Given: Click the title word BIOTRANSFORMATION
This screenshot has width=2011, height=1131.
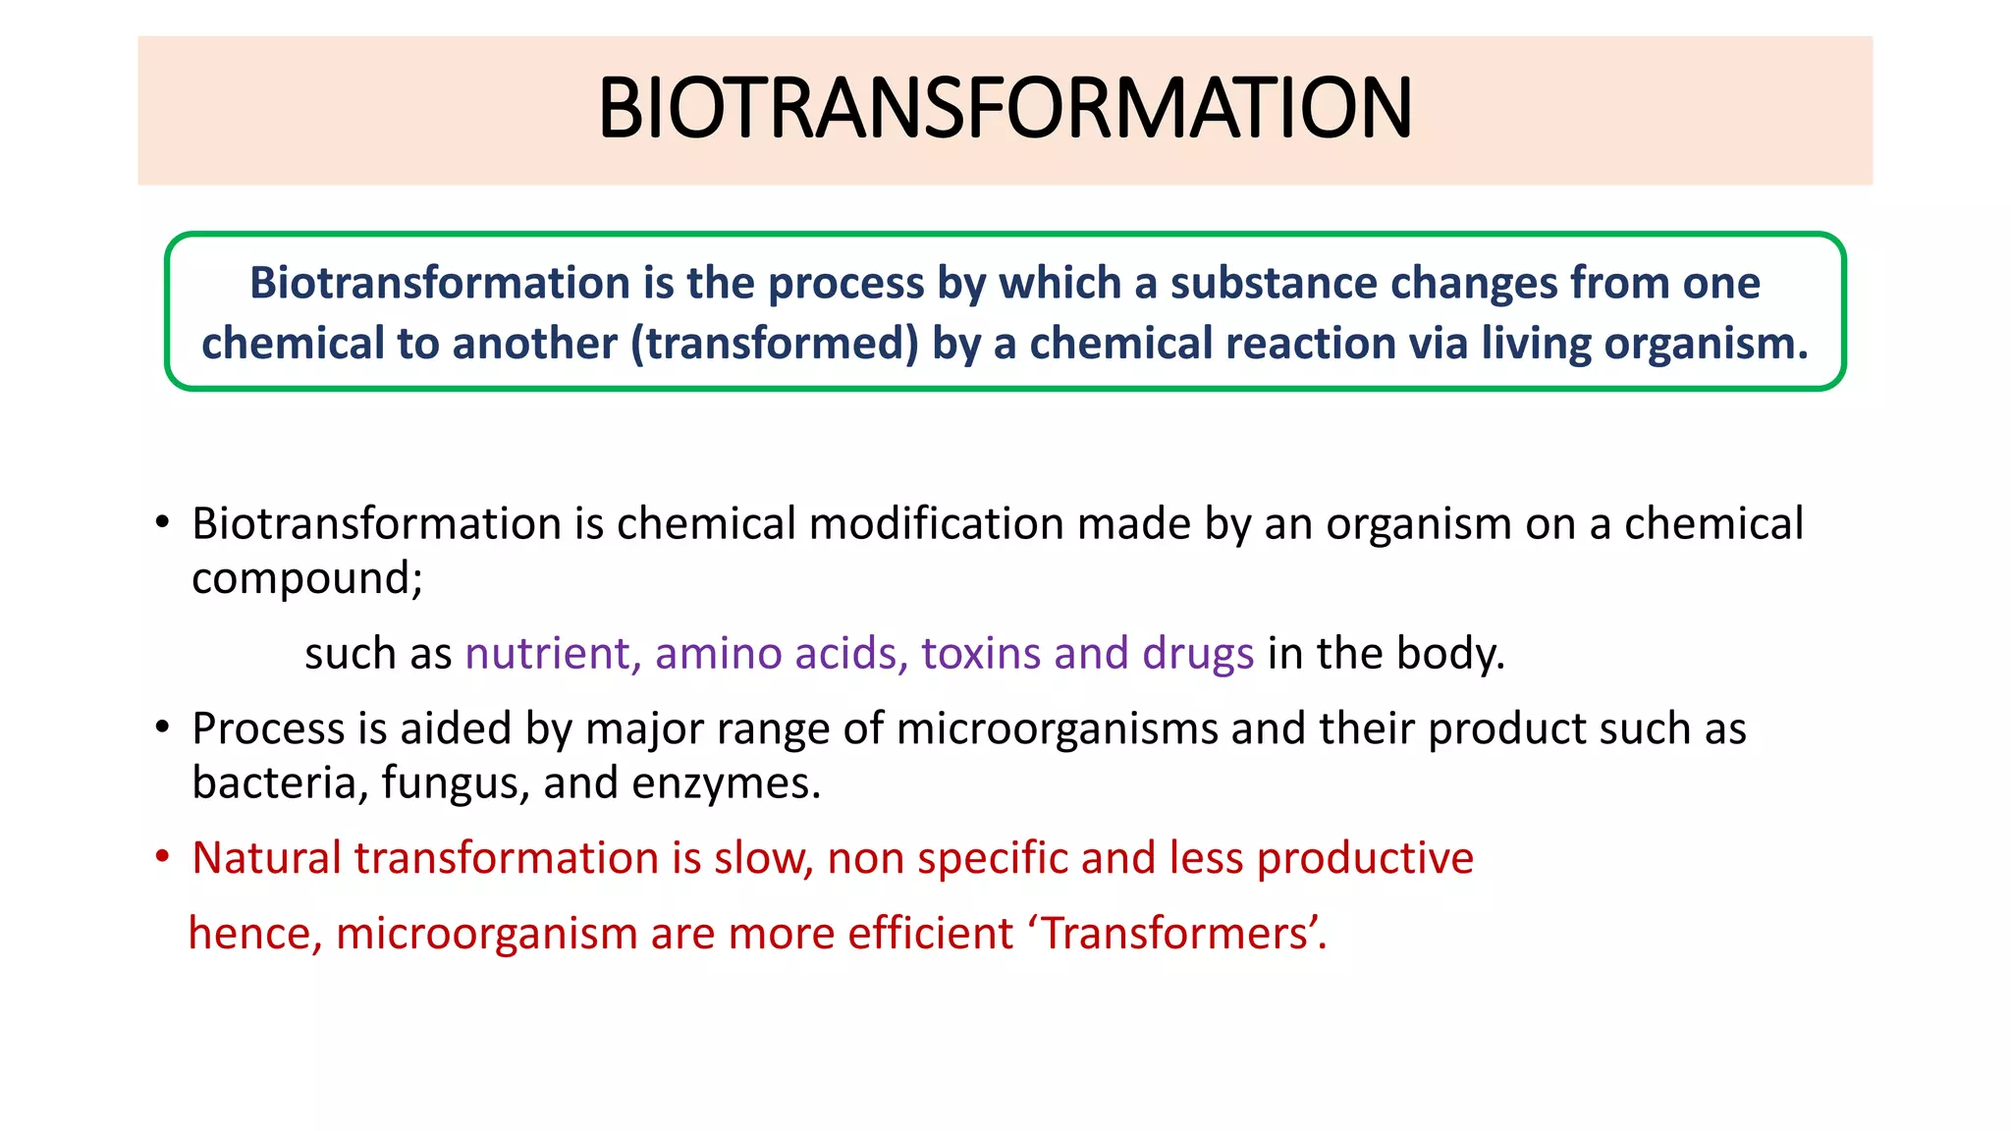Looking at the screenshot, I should point(1005,108).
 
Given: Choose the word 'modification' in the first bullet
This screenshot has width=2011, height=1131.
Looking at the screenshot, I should point(936,524).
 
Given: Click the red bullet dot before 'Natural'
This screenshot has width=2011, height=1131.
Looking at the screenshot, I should point(163,857).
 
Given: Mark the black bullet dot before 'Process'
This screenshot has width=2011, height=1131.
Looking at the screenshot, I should point(163,727).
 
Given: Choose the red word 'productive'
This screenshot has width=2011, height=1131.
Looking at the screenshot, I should point(1365,858).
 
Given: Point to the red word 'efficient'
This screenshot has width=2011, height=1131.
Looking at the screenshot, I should point(930,933).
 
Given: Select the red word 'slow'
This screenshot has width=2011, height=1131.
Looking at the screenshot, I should point(762,858).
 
